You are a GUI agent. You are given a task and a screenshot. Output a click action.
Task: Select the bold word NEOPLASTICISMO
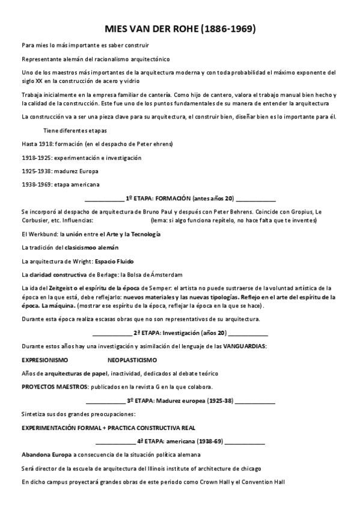pyautogui.click(x=132, y=360)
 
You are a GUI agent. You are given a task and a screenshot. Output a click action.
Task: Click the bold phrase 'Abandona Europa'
pyautogui.click(x=46, y=455)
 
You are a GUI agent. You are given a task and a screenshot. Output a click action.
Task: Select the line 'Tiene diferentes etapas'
pyautogui.click(x=75, y=130)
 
